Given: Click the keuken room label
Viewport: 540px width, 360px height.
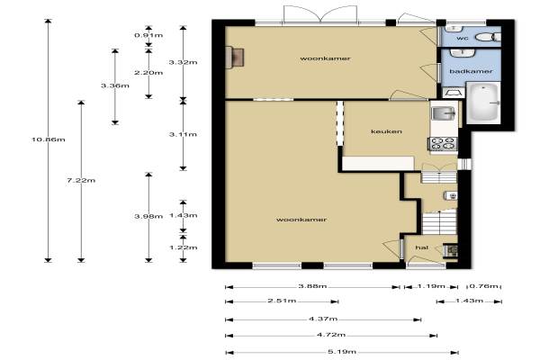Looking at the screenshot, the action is [x=386, y=131].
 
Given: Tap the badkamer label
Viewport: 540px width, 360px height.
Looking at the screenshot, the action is [x=471, y=71].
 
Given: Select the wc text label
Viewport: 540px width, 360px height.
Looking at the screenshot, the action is [x=463, y=38].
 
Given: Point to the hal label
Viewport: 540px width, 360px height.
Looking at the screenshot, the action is [x=421, y=247].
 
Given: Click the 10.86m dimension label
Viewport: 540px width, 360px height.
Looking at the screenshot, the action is [x=49, y=139].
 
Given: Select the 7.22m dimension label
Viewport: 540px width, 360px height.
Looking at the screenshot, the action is [x=81, y=180].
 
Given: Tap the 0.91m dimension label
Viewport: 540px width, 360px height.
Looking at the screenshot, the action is [x=148, y=35].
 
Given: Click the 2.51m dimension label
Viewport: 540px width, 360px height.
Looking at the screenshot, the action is [x=282, y=301].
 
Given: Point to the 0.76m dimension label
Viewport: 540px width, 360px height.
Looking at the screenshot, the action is [x=484, y=286].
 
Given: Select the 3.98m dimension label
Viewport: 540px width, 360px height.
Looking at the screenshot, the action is [x=148, y=216].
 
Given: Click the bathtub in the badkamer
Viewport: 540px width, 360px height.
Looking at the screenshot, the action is [x=483, y=102].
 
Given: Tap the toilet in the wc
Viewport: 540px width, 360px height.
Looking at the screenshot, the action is [x=490, y=37].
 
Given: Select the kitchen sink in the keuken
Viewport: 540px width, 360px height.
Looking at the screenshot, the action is [x=444, y=112].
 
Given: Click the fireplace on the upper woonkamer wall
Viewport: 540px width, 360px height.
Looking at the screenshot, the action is [x=235, y=58].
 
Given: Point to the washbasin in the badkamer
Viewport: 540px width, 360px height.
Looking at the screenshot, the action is [x=463, y=53].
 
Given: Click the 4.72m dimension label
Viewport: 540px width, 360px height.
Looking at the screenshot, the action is [x=331, y=335].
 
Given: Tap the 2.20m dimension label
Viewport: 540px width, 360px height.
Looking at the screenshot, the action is [x=148, y=73].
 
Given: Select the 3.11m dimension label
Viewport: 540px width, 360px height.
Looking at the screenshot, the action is [x=184, y=134].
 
